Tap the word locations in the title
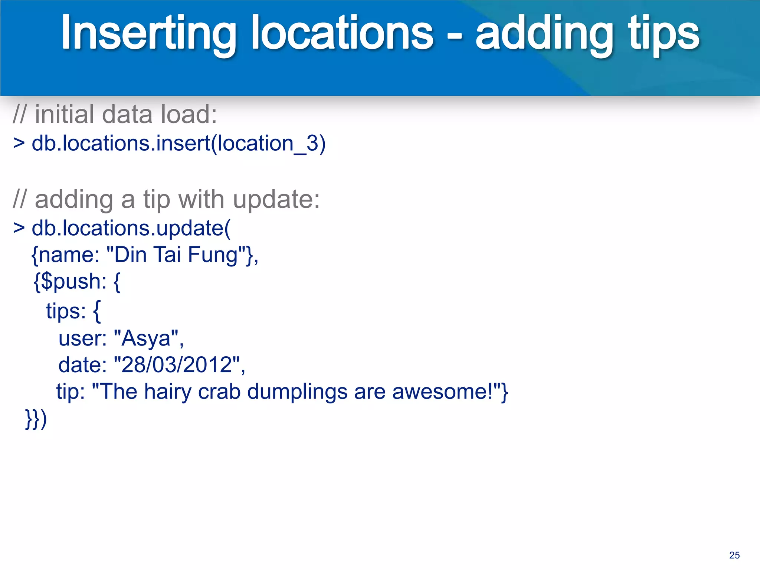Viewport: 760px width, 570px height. tap(342, 33)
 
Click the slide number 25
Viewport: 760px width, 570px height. tap(734, 555)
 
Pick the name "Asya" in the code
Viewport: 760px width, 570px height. tap(147, 338)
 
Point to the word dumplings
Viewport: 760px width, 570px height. tap(297, 392)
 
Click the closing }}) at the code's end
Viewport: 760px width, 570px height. tap(36, 419)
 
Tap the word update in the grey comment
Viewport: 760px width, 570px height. tap(276, 200)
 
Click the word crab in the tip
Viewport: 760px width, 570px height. tap(219, 392)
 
